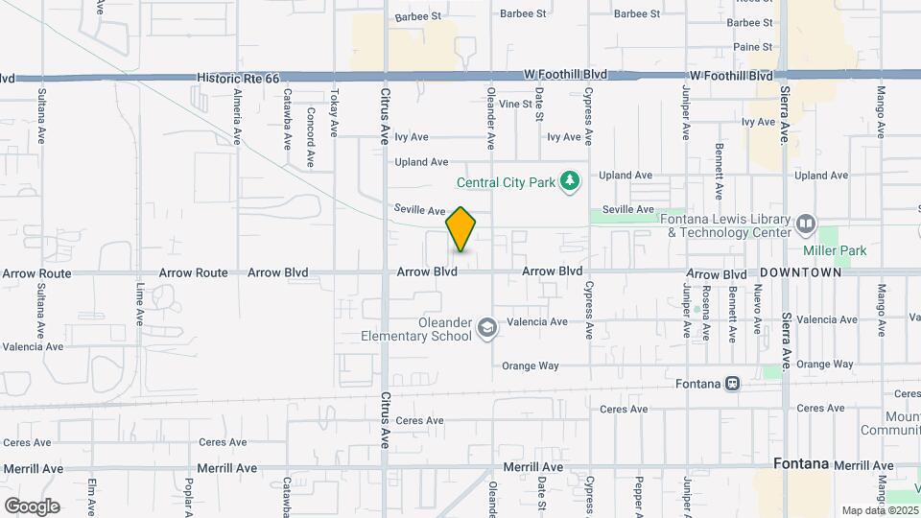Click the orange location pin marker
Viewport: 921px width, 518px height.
point(461,228)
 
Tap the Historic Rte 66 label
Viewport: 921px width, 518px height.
point(238,77)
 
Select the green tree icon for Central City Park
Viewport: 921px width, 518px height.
point(571,180)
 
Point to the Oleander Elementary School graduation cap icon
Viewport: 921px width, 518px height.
point(487,329)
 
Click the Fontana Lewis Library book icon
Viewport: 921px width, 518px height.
point(805,224)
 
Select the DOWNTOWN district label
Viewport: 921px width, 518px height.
point(801,272)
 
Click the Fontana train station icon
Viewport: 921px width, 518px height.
point(733,384)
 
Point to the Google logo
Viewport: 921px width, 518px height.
point(32,506)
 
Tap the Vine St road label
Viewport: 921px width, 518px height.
point(515,104)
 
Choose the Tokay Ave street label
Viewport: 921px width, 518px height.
point(334,113)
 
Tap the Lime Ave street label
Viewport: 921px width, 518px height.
point(140,303)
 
